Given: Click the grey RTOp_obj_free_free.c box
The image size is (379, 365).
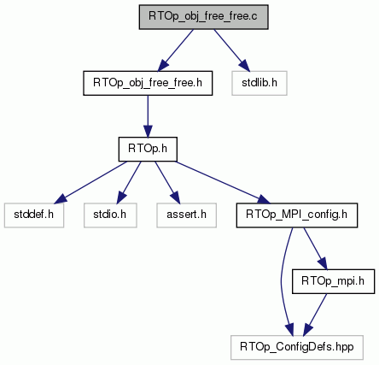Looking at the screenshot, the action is [x=203, y=17].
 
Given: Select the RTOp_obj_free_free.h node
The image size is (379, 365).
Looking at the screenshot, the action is [x=148, y=83].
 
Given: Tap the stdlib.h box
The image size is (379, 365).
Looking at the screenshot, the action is [x=259, y=83].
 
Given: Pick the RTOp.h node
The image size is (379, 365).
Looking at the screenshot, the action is [x=148, y=149].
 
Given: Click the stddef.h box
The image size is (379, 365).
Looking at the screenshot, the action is [x=34, y=215].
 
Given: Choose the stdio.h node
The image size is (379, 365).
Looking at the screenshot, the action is [x=110, y=215].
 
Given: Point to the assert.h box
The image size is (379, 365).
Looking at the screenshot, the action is [x=186, y=215].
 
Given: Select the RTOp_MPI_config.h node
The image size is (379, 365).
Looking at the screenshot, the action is [x=297, y=215].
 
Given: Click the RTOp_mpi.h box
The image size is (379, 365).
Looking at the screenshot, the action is [x=333, y=281].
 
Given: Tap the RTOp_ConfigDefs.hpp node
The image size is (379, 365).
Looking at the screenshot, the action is [x=297, y=347].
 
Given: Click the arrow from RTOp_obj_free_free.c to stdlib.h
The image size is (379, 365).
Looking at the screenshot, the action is [x=232, y=50].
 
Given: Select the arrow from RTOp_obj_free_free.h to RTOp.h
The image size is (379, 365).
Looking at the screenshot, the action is [x=148, y=116].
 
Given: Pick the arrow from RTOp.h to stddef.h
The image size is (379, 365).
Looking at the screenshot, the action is [x=90, y=182].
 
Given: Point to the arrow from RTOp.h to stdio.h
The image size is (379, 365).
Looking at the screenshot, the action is [x=129, y=182].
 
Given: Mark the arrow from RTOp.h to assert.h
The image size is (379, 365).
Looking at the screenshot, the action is [x=167, y=182].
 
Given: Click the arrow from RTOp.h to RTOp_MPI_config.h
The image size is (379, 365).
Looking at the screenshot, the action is [x=223, y=182].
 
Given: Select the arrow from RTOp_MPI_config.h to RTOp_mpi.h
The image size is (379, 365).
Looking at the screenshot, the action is [x=315, y=249].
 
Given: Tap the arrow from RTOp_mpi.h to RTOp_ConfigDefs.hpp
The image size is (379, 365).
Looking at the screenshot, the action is [x=315, y=315].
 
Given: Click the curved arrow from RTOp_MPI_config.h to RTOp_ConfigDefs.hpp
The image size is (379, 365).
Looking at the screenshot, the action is [x=281, y=281].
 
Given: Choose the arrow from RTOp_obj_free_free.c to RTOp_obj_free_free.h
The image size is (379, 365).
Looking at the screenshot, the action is [x=176, y=50].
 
